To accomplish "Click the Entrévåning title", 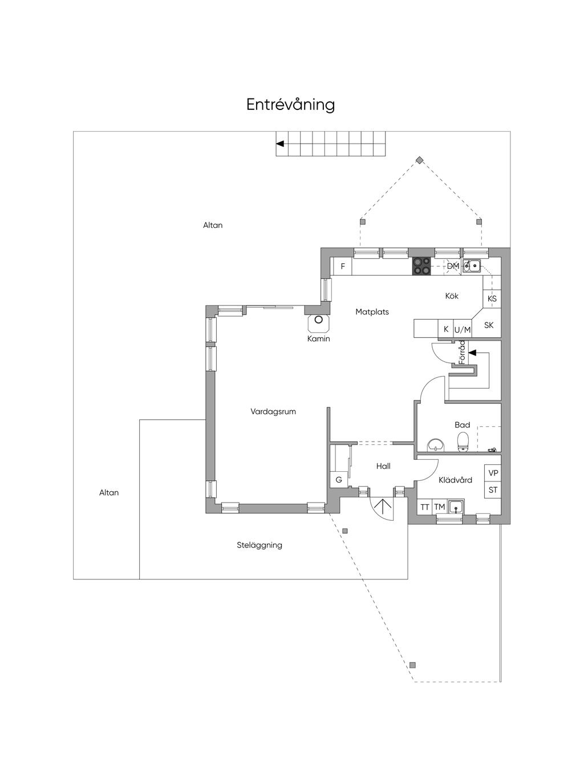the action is coord(290,105).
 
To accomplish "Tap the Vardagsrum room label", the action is coord(273,411).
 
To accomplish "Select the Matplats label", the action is coord(372,312).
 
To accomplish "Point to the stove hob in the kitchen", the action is coord(422,266).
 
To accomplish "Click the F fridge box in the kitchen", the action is coord(343,266).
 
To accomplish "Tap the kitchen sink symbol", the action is coord(472,265).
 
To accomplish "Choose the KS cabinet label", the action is coord(492,299).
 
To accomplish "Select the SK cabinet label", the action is coord(489,325).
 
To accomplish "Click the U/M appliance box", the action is coord(463,329).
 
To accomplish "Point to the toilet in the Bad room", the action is coord(463,441).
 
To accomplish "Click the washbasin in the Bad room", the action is coord(436,444).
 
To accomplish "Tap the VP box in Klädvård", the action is coord(493,473).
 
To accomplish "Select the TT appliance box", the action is coord(425,507).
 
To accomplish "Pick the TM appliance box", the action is coord(439,507).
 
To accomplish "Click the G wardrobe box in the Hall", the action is coord(339,480).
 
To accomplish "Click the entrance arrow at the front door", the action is coord(382,505).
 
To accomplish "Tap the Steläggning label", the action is coord(259,545).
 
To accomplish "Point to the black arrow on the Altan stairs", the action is coord(280,144).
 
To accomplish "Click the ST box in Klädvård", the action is coord(493,490).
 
